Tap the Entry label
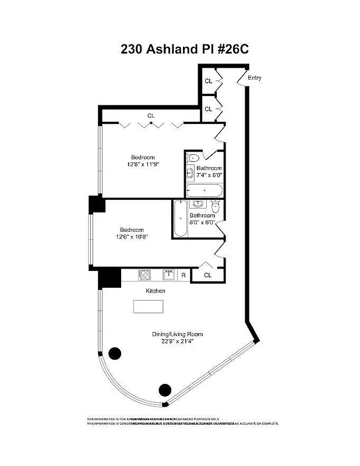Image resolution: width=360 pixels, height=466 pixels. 255,78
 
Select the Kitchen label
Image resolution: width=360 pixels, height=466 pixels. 156,291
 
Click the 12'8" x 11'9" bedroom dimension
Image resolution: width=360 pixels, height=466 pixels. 143,165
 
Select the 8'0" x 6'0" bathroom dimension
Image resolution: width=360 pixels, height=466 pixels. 202,223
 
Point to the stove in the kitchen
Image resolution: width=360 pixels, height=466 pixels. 144,275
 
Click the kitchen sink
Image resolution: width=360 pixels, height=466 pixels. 170,275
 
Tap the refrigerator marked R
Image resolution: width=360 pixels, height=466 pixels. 183,276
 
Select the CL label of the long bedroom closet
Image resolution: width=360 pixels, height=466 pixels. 151,116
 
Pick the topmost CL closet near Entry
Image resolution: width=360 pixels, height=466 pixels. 208,81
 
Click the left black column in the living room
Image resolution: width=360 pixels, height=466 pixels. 115,352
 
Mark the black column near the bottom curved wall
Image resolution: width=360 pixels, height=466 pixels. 165,390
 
